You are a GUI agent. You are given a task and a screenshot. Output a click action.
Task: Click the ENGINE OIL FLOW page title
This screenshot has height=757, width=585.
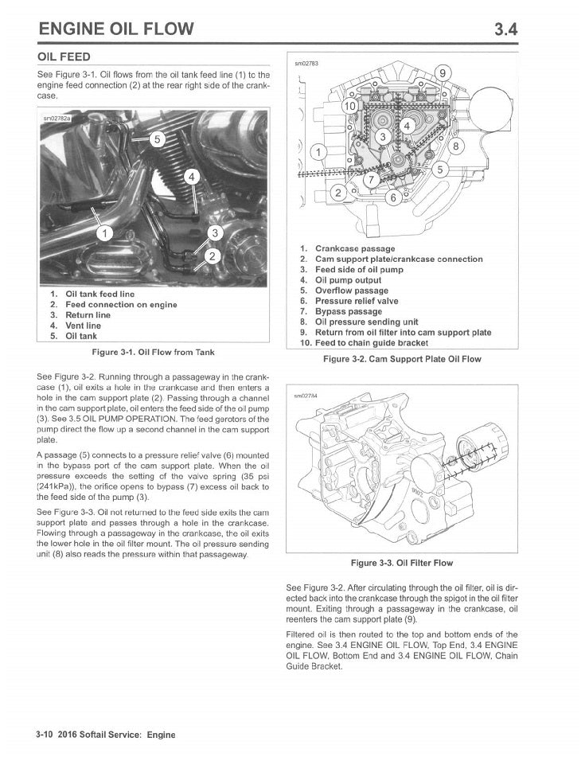pyautogui.click(x=116, y=29)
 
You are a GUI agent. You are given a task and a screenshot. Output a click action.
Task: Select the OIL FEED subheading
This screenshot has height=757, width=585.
pyautogui.click(x=64, y=57)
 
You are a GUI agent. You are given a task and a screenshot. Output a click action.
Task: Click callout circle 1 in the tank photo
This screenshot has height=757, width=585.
pyautogui.click(x=103, y=232)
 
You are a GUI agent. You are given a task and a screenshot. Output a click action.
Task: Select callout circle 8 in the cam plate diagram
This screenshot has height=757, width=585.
pyautogui.click(x=456, y=146)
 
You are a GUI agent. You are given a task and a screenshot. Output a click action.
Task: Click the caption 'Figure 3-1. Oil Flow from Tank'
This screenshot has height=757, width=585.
pyautogui.click(x=154, y=351)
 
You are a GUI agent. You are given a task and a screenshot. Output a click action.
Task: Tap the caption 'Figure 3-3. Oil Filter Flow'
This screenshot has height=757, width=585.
pyautogui.click(x=403, y=563)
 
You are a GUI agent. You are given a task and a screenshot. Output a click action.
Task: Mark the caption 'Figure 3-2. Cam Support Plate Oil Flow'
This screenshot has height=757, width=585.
pyautogui.click(x=403, y=359)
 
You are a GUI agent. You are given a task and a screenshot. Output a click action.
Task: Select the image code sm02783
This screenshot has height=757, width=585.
pyautogui.click(x=306, y=63)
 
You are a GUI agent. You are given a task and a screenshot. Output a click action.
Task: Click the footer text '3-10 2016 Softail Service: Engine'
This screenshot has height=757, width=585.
pyautogui.click(x=105, y=734)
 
